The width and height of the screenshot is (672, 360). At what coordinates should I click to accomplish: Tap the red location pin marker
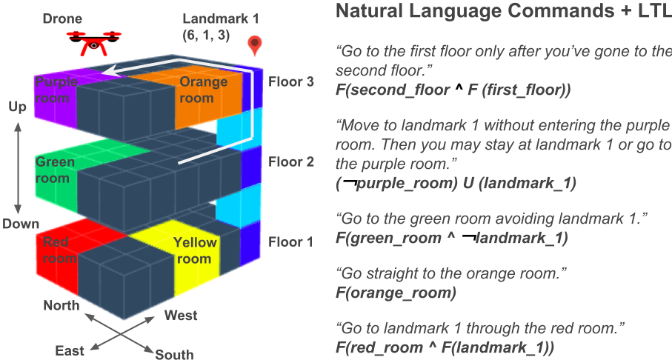[x=255, y=46]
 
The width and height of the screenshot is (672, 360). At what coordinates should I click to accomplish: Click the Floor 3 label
[x=291, y=81]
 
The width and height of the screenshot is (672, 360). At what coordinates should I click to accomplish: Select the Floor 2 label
[x=291, y=161]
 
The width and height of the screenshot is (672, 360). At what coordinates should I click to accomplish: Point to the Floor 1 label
[x=291, y=242]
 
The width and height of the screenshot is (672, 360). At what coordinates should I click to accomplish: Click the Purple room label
[x=56, y=90]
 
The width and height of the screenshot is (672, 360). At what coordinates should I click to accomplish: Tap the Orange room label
[x=203, y=90]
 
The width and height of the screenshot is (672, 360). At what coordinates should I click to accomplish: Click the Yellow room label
[x=195, y=250]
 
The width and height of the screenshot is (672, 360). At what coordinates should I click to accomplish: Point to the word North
[x=61, y=305]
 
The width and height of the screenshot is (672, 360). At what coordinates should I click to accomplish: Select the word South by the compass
[x=174, y=354]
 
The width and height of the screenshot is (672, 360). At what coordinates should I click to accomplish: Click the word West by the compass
[x=181, y=316]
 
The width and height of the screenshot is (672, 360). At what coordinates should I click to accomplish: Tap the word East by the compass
[x=70, y=350]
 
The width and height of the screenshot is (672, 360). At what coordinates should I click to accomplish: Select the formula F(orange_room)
[x=396, y=293]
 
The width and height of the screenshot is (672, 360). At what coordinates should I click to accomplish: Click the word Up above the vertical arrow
[x=17, y=107]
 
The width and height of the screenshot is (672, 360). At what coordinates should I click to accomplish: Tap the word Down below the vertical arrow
[x=21, y=224]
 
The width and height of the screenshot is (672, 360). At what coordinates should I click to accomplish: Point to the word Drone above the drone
[x=62, y=19]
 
